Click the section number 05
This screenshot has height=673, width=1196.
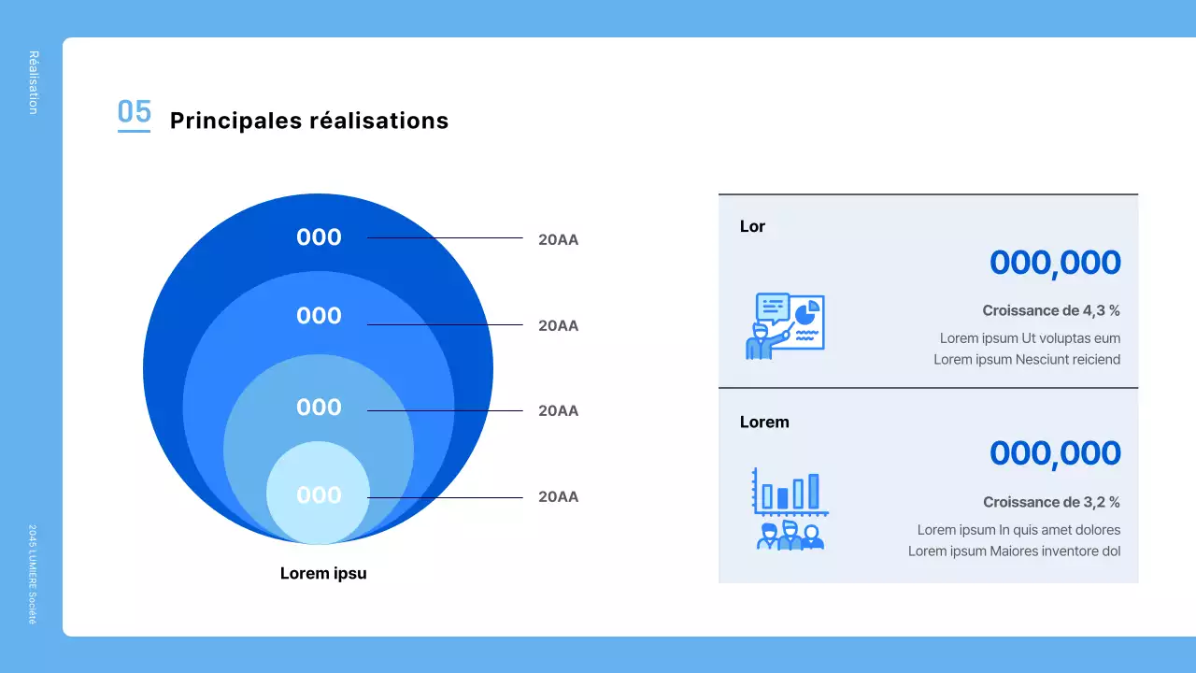[x=134, y=112]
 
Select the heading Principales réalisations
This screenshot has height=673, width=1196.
[x=309, y=121]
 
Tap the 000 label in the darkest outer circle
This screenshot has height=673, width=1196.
[x=319, y=237]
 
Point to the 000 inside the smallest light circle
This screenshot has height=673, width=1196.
[x=319, y=495]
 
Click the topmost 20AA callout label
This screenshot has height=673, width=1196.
[x=558, y=239]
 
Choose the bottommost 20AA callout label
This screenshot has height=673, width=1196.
[x=558, y=496]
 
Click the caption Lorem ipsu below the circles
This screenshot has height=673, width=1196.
[x=323, y=573]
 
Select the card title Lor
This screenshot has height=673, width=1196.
[x=752, y=226]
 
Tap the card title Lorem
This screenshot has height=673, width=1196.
[x=764, y=422]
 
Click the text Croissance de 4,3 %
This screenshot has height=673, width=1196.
[x=1051, y=310]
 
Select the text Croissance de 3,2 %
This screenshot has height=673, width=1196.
[x=1051, y=502]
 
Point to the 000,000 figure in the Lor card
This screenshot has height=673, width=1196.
[x=1055, y=263]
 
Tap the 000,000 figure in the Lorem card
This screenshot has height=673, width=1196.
[x=1055, y=453]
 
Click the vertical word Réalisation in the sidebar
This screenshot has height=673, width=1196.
[x=34, y=82]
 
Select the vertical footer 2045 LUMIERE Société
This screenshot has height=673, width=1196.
[x=33, y=573]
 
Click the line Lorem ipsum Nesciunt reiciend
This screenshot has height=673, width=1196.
[x=1027, y=359]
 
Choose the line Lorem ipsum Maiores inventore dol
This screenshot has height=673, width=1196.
[x=1014, y=551]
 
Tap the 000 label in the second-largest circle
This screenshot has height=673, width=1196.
[x=319, y=316]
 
